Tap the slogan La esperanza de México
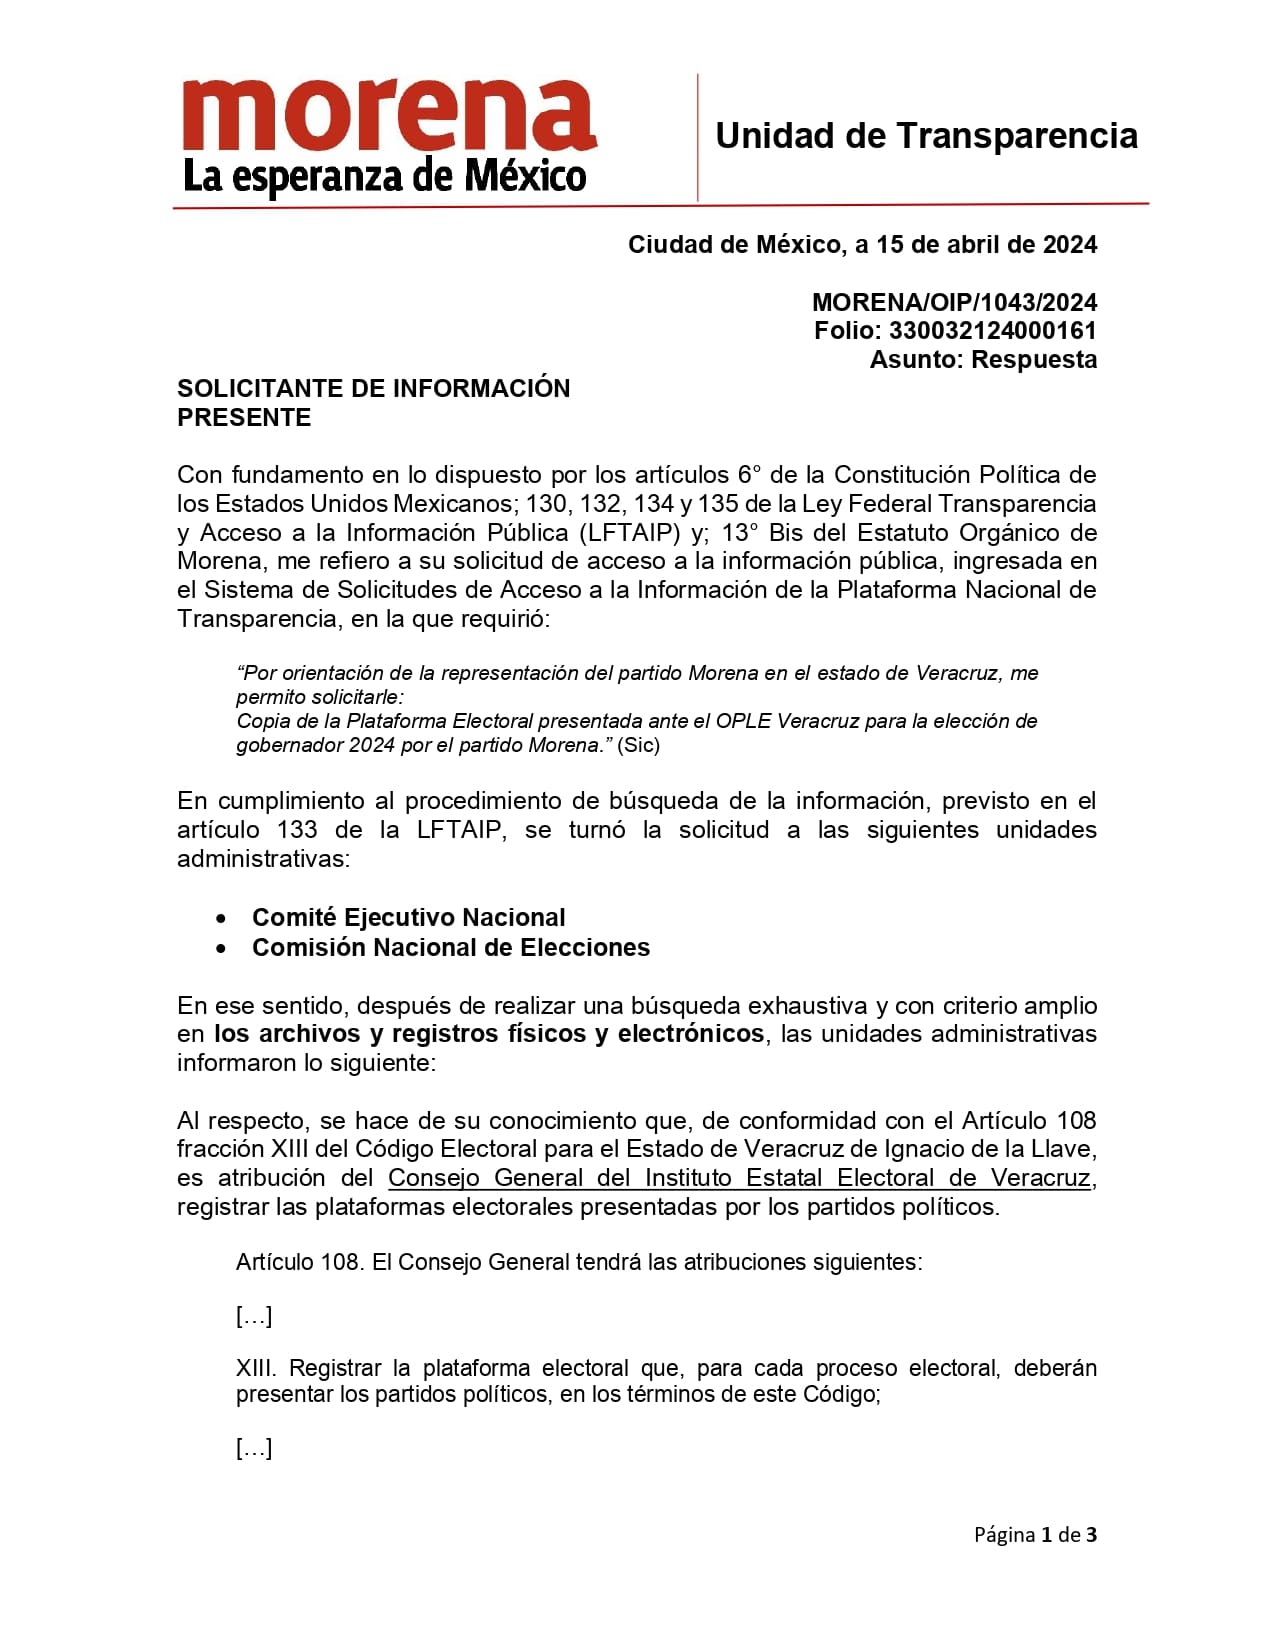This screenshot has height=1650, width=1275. click(384, 177)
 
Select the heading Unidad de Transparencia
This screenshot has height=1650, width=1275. click(926, 136)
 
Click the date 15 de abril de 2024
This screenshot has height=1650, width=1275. click(986, 245)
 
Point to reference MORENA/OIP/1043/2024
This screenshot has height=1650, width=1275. click(954, 302)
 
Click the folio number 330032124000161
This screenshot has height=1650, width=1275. click(992, 331)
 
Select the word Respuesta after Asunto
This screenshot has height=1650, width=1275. click(1034, 360)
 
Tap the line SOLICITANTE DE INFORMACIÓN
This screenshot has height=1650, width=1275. click(373, 388)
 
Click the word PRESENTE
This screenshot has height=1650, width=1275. click(244, 417)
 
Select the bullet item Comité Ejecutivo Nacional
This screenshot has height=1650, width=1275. click(408, 918)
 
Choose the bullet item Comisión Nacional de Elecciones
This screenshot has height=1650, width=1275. click(450, 947)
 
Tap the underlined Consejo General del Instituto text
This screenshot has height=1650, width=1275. click(738, 1178)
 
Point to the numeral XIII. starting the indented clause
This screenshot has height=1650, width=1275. click(256, 1368)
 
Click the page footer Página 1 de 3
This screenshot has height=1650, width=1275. click(1035, 1534)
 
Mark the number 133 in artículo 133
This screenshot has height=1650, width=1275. click(297, 830)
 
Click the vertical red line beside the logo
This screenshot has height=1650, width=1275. click(697, 137)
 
